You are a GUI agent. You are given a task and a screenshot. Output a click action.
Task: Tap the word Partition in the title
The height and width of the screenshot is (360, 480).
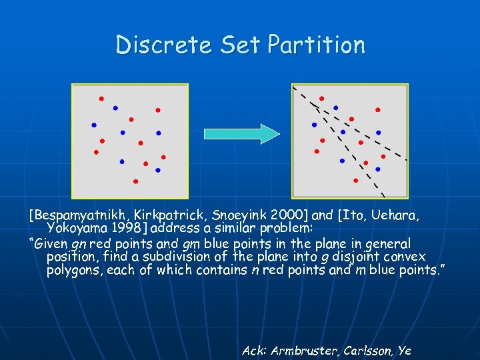(317, 45)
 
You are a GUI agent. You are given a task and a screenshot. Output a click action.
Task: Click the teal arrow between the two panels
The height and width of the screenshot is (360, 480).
(241, 133)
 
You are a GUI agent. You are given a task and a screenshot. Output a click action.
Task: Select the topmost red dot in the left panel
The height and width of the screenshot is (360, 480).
(101, 99)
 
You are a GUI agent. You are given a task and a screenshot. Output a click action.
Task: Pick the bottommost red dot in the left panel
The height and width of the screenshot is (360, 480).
(135, 181)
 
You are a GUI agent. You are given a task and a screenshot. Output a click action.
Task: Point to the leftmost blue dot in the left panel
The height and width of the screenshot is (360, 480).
(94, 125)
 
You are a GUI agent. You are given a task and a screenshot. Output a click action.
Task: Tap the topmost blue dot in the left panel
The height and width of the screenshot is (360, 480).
(115, 107)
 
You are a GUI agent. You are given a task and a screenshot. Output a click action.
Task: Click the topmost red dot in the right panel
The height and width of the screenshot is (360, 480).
(321, 99)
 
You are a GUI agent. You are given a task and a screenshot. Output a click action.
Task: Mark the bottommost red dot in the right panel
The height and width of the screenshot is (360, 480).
(355, 181)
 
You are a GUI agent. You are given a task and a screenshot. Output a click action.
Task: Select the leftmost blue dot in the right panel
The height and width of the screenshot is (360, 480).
(314, 125)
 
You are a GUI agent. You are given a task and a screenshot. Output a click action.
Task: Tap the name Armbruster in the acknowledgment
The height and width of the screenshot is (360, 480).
(301, 350)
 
